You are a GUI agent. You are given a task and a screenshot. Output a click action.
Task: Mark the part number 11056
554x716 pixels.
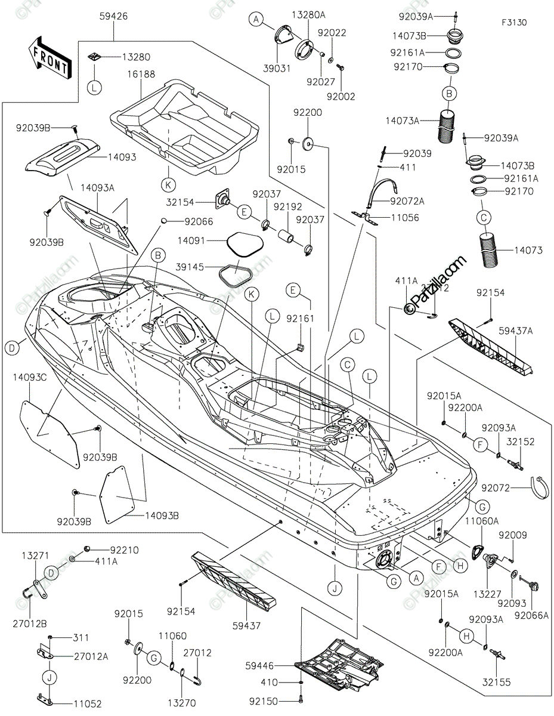(x=406, y=218)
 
